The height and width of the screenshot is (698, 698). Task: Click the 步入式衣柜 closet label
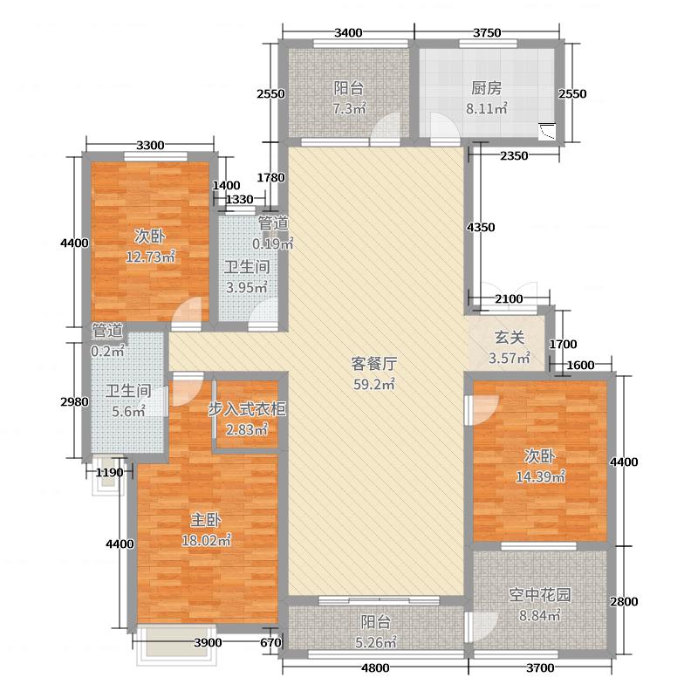(x=247, y=408)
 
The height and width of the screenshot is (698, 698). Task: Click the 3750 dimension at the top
(x=486, y=33)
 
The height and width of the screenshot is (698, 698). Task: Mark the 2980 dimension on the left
(x=74, y=401)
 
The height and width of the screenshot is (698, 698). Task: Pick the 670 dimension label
(x=271, y=644)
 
